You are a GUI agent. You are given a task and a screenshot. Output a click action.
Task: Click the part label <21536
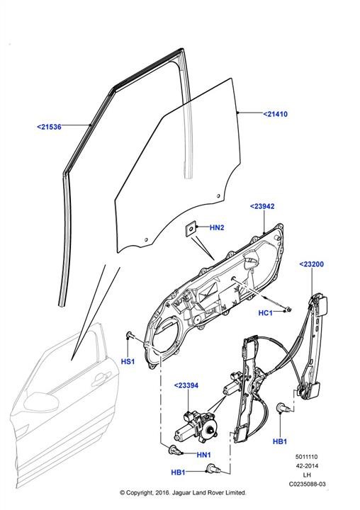[x=49, y=127]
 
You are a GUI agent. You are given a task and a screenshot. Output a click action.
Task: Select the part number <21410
[x=276, y=114]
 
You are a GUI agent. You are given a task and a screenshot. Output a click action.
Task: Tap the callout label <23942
[x=262, y=206]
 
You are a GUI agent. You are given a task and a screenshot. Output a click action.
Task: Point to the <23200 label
[x=312, y=264]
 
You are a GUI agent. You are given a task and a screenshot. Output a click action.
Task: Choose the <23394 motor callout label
[x=186, y=385]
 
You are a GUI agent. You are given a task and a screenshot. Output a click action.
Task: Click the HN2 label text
[x=217, y=227]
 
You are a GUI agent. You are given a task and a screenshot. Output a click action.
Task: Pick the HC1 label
[x=265, y=313]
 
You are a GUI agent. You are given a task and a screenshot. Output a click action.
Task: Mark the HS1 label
[x=128, y=361]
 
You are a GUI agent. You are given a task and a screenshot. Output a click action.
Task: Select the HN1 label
[x=204, y=455]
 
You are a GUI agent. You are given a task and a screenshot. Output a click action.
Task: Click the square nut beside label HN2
[x=191, y=228]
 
